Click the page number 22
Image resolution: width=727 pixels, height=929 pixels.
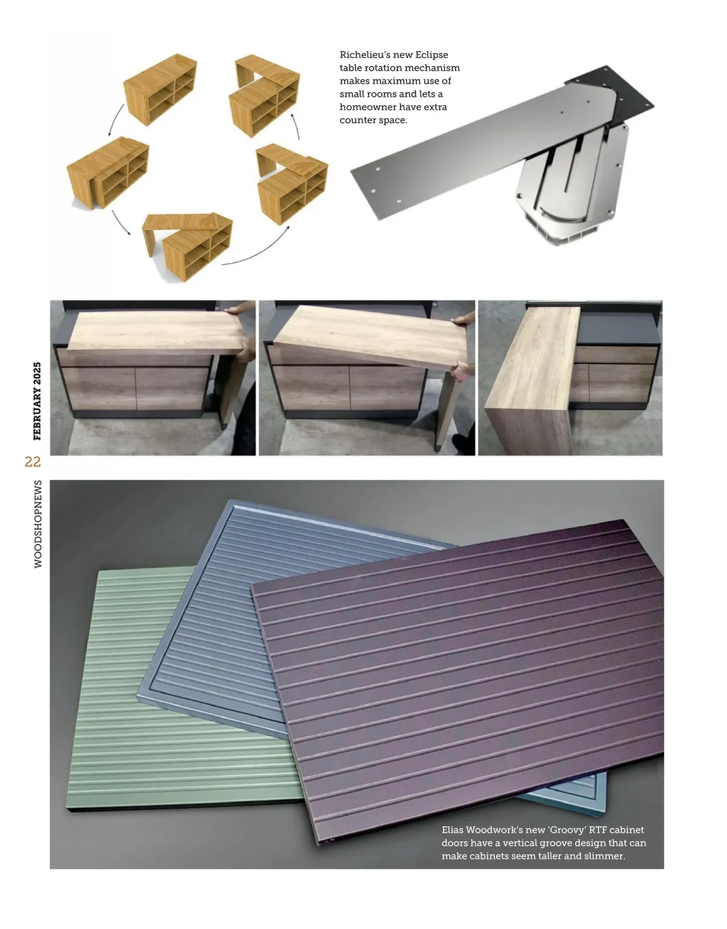pyautogui.click(x=33, y=462)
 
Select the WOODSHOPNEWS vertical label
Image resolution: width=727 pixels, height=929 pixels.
pyautogui.click(x=38, y=524)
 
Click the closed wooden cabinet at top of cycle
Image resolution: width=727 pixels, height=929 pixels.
pyautogui.click(x=161, y=89)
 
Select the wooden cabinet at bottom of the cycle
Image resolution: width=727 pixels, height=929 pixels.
pyautogui.click(x=188, y=246)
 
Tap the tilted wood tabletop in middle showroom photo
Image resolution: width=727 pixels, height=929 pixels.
pyautogui.click(x=370, y=338)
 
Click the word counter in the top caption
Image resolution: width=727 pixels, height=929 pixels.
pyautogui.click(x=357, y=120)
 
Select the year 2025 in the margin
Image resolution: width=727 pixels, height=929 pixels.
pyautogui.click(x=37, y=372)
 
